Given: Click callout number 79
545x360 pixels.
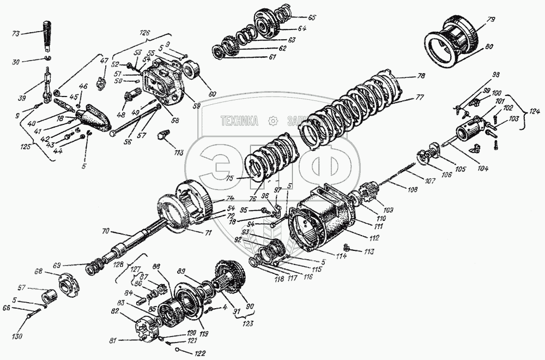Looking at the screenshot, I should [x=491, y=20].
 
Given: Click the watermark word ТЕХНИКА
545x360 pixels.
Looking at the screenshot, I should [x=239, y=121].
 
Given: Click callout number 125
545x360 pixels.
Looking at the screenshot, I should [x=26, y=147].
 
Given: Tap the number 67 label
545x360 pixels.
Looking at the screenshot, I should [x=37, y=288].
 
